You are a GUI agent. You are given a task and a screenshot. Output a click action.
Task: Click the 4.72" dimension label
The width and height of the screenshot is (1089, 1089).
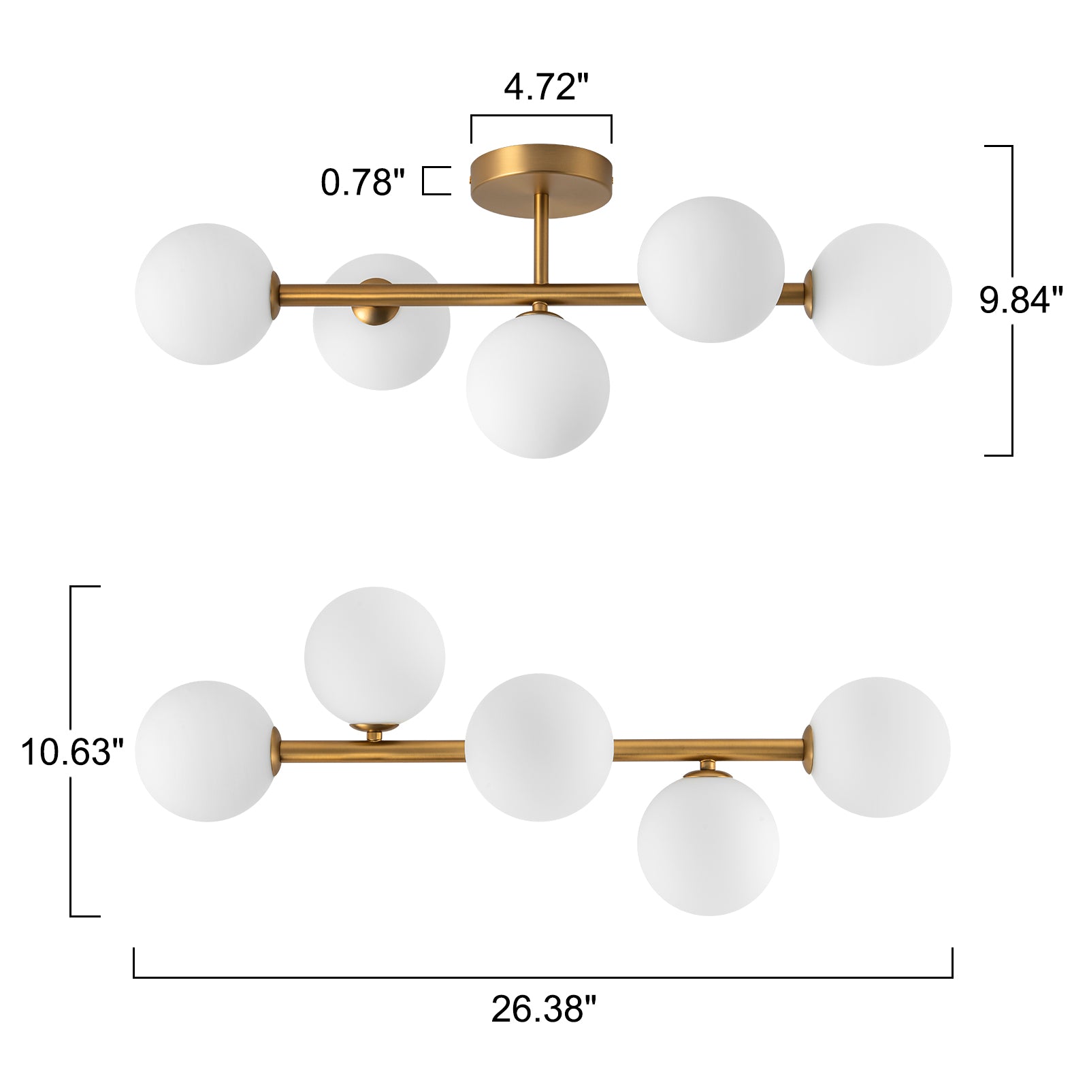(545, 87)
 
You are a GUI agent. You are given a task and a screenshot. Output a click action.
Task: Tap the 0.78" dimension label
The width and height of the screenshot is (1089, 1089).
(362, 182)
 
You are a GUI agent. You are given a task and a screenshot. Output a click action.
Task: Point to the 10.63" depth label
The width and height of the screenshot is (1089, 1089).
(72, 752)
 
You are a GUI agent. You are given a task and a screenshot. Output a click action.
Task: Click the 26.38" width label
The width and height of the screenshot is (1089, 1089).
(543, 1009)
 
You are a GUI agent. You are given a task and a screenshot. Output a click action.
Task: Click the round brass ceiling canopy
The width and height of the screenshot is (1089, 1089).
(542, 171)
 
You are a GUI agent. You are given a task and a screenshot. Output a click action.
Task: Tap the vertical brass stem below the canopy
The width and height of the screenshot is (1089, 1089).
(542, 238)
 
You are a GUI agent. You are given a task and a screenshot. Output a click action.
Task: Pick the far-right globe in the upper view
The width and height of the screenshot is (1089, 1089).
(881, 294)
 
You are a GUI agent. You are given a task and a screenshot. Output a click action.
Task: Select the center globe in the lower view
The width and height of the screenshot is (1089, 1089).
(538, 747)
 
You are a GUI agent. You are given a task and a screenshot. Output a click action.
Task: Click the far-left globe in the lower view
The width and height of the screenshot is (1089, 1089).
(206, 751)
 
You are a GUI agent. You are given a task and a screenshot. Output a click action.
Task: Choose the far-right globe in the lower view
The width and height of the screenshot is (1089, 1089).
(879, 747)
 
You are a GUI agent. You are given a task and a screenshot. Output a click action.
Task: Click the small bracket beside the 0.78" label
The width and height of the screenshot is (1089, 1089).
(436, 181)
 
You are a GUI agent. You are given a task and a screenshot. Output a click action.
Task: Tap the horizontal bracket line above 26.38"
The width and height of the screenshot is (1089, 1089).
(542, 977)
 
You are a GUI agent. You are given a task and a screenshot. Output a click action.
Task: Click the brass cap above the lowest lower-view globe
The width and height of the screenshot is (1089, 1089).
(708, 771)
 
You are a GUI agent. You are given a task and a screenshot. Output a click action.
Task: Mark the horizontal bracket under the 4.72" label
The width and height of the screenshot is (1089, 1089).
(541, 116)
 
